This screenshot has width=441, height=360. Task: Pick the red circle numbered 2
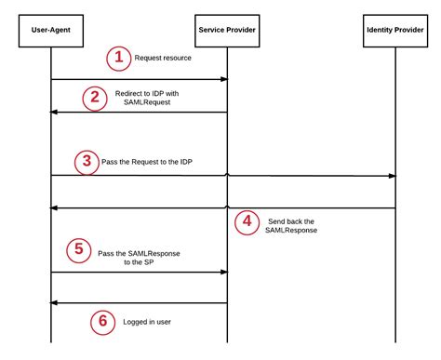click(x=95, y=99)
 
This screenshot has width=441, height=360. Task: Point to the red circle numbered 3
click(x=87, y=161)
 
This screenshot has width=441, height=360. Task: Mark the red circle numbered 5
click(x=80, y=249)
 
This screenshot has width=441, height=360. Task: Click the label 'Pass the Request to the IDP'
click(x=154, y=161)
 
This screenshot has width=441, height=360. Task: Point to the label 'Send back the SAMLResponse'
click(x=290, y=225)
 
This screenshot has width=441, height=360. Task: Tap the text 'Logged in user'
click(x=147, y=321)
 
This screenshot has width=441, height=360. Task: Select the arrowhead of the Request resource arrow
click(x=223, y=79)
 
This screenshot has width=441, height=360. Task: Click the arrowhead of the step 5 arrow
click(x=223, y=273)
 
